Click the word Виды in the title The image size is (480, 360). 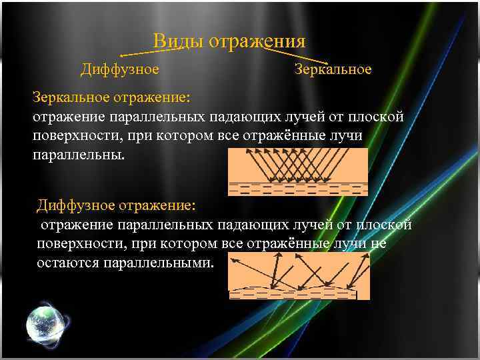point(178,41)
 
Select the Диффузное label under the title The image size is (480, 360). point(119,69)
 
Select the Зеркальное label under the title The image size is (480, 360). point(333,69)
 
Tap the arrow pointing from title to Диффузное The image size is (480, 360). point(137,51)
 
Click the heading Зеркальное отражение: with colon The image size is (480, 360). point(111,97)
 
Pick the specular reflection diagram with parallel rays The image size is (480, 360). point(298,171)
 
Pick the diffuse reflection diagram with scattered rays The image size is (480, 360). point(298,277)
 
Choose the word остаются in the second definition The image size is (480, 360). point(67,263)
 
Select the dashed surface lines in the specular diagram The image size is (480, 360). point(298,188)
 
